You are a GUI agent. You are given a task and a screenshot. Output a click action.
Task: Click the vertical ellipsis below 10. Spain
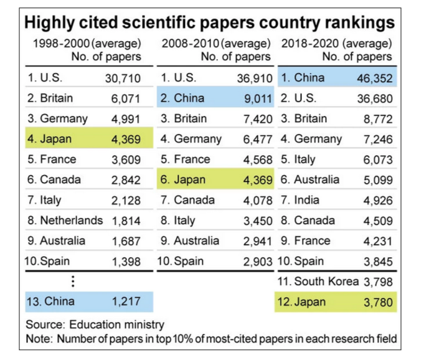coord(73,281)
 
